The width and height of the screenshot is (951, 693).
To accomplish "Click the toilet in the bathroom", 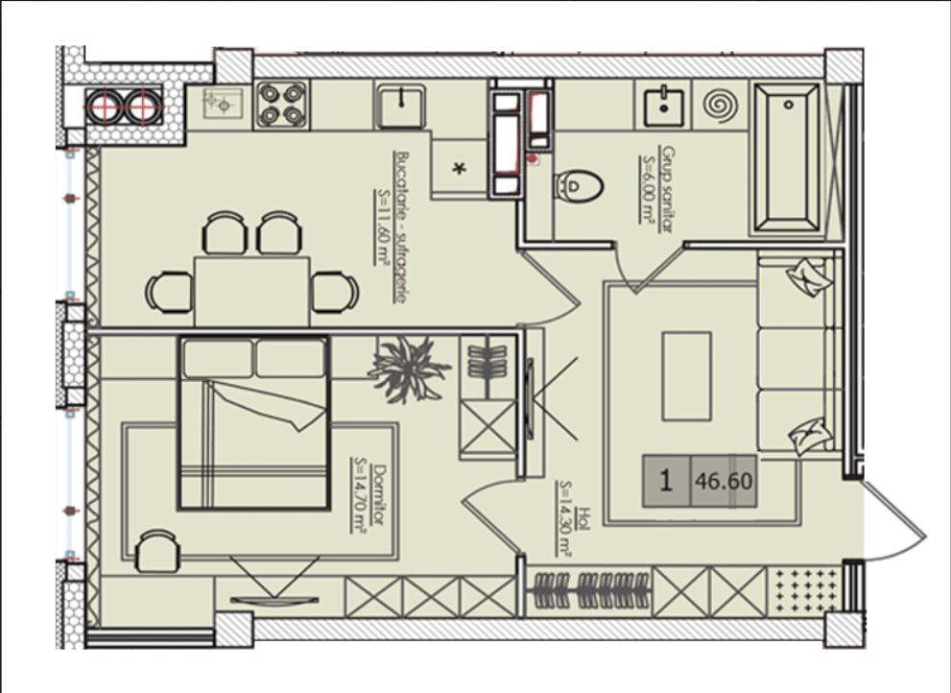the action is click(579, 185).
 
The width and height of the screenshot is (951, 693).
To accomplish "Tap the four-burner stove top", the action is click(281, 105).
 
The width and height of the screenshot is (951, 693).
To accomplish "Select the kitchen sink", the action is click(401, 106).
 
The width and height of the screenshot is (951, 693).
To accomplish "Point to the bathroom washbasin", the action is click(664, 108).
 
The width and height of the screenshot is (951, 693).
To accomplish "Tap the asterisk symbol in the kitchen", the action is click(460, 168).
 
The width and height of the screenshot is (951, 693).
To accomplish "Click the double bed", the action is click(253, 423).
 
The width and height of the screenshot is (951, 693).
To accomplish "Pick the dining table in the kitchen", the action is click(251, 292).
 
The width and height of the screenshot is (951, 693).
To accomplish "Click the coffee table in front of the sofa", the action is click(686, 375).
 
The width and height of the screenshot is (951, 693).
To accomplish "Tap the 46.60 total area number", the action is click(725, 481).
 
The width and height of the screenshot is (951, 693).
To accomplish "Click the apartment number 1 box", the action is click(667, 481).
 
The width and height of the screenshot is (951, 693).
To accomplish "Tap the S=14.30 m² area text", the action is click(566, 519).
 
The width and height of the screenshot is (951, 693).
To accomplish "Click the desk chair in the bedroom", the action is click(157, 551).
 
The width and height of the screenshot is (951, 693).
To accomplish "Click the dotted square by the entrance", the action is click(805, 591).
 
